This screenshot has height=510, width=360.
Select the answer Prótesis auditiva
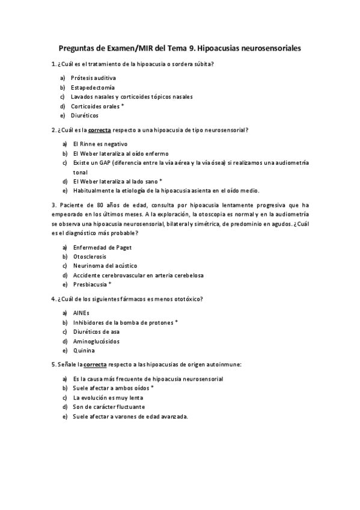tap(93, 78)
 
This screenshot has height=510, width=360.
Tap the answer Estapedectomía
tap(93, 87)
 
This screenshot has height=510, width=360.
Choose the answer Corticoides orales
tap(95, 106)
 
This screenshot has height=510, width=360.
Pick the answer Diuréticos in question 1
tap(84, 115)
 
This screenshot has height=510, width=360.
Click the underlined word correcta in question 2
tap(100, 130)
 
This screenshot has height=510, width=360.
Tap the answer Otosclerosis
tap(90, 256)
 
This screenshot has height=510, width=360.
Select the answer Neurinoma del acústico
tap(105, 265)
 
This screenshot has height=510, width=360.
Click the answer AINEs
tap(81, 313)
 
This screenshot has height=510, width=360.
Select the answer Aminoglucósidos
tap(96, 341)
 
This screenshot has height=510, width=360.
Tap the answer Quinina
tap(84, 350)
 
